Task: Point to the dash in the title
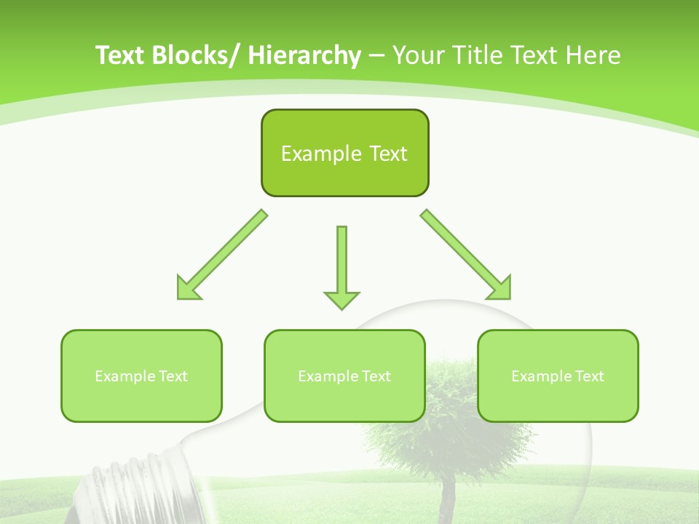pos(376,56)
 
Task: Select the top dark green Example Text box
pos(344,153)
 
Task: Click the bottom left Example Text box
pos(141,376)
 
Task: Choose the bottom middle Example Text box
pos(344,376)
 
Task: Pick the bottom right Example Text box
pos(558,376)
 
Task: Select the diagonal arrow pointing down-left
pos(222,255)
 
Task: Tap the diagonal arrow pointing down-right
pos(466,255)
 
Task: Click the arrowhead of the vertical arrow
pos(341,299)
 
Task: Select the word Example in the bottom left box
pos(125,376)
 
